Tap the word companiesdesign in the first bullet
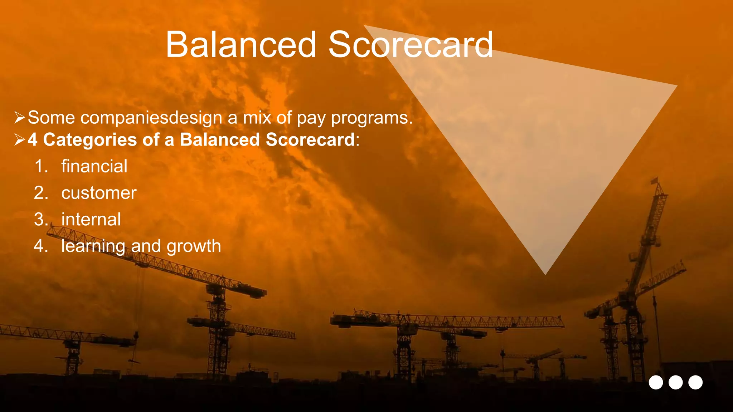(151, 118)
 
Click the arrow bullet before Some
(19, 117)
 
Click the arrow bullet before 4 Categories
(19, 139)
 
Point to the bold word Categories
(90, 140)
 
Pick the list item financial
(94, 166)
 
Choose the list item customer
(99, 193)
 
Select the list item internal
(91, 219)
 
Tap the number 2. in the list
(41, 193)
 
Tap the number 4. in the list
(41, 246)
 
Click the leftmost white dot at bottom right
(656, 382)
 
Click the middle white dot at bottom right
(675, 382)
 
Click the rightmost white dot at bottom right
(695, 382)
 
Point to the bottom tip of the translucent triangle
(545, 273)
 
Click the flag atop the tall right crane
(655, 180)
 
